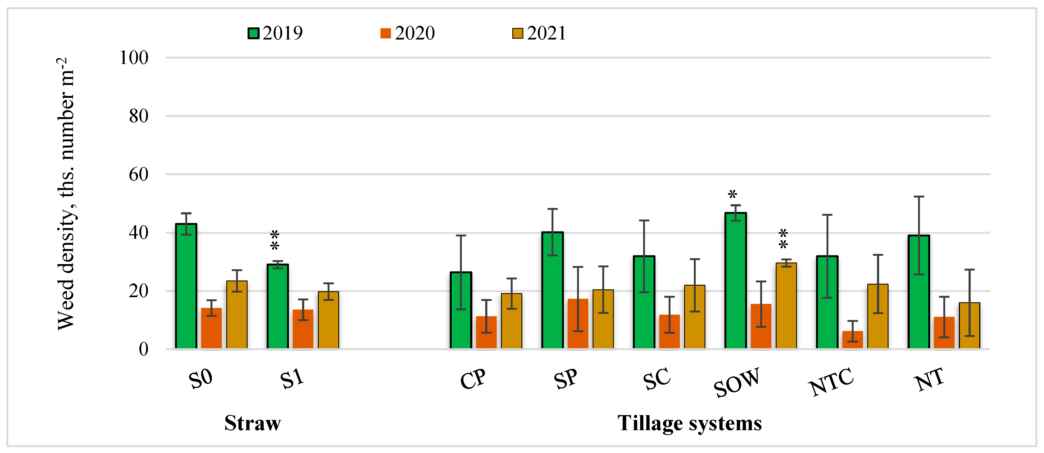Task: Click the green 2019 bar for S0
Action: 186,286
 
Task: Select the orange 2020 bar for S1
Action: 303,329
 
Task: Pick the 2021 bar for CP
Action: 512,321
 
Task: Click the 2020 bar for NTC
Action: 852,340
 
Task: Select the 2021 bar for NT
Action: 969,325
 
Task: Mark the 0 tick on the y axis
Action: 143,349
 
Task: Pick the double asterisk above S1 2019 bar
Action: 274,240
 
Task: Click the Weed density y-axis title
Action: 66,194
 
